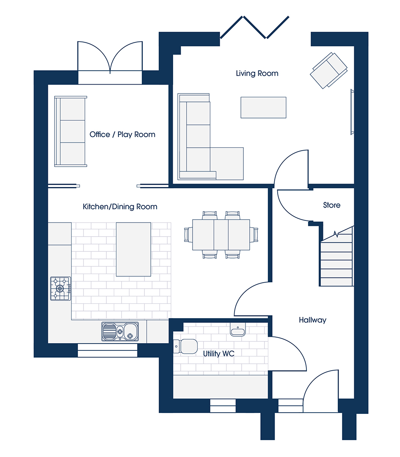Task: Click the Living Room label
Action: (257, 74)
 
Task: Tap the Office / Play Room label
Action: (122, 135)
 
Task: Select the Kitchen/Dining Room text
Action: (120, 206)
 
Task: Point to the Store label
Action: (332, 205)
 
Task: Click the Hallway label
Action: (312, 320)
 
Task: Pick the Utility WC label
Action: (219, 354)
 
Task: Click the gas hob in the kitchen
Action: (61, 289)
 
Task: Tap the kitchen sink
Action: (120, 331)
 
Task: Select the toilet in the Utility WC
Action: (185, 346)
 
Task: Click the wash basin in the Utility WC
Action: (238, 329)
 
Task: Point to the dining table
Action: (221, 234)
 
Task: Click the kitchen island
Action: (133, 250)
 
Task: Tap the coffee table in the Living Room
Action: (263, 107)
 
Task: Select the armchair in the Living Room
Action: (328, 71)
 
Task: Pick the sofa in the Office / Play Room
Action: (71, 132)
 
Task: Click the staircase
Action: (337, 256)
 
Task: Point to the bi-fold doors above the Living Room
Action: (254, 27)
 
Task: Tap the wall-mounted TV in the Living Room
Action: (352, 112)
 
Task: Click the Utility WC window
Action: (223, 406)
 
